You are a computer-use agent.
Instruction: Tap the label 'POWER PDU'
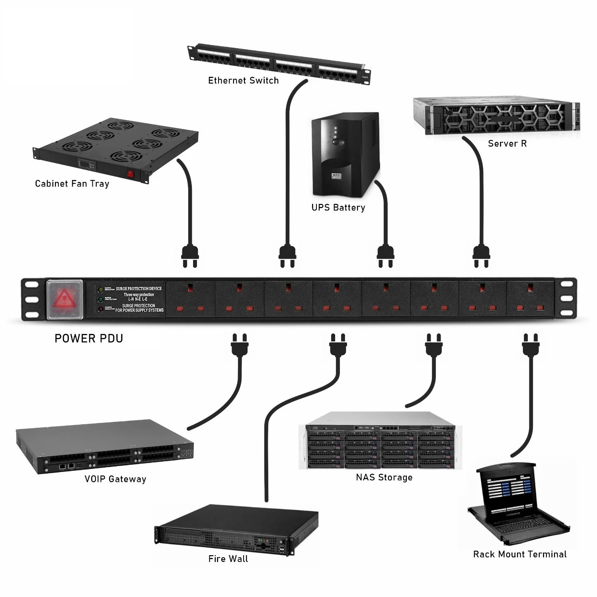pos(89,339)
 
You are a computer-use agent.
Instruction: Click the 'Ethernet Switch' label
pos(243,80)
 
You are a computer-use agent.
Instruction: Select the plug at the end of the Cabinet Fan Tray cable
pos(190,256)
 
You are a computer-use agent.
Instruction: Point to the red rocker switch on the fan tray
pos(130,174)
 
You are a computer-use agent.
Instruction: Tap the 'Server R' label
pos(507,144)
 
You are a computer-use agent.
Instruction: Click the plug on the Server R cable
pos(481,256)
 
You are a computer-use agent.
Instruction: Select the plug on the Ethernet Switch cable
pos(287,256)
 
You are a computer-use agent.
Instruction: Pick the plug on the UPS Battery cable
pos(385,256)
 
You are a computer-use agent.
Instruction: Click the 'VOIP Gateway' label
pos(115,479)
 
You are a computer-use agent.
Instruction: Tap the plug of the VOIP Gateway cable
pos(240,344)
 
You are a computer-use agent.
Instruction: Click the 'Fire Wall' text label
pos(228,559)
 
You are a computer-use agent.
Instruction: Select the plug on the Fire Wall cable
pos(338,344)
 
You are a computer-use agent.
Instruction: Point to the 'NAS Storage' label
pos(384,477)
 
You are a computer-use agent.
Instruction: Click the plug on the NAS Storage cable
pos(434,344)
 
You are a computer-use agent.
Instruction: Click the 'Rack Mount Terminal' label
pos(520,554)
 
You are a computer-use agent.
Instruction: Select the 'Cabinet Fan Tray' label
pos(72,183)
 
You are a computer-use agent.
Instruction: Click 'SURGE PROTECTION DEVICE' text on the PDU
pos(139,289)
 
